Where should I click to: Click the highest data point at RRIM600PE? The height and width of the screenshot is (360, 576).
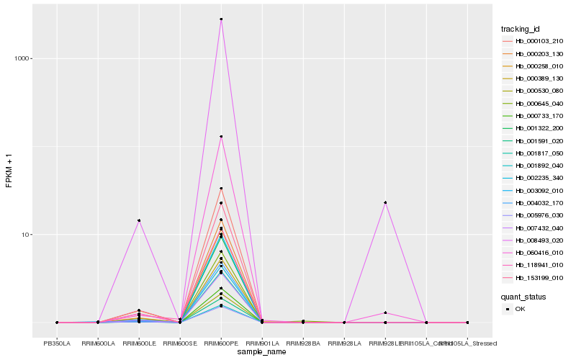tap(221, 19)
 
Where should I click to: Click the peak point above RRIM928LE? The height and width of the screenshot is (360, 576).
tap(385, 202)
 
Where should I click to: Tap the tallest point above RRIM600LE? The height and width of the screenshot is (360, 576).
tap(139, 220)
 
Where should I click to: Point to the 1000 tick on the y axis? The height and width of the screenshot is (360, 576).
tap(34, 58)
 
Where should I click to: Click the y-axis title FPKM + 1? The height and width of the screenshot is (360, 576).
tap(9, 171)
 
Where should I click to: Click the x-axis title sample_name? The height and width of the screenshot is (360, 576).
tap(262, 352)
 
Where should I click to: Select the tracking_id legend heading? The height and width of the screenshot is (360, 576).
tap(521, 29)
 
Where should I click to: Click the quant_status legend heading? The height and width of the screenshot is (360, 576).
tap(523, 296)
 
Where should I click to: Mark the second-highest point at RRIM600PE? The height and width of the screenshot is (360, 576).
tap(221, 137)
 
